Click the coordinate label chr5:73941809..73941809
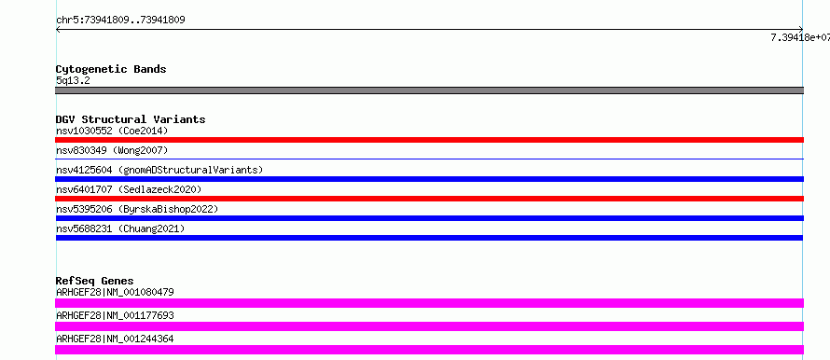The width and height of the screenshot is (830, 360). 120,21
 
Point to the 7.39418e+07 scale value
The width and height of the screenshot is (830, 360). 800,37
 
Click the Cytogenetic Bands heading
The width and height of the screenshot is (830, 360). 111,69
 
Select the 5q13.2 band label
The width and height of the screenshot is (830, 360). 73,80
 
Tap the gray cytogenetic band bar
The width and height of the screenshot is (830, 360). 429,90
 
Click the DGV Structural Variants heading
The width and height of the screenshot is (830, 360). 131,119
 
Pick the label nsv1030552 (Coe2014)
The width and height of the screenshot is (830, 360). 112,131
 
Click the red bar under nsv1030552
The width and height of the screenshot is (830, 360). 429,140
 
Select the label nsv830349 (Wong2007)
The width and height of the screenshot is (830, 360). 112,151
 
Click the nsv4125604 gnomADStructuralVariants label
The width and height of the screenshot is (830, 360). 159,170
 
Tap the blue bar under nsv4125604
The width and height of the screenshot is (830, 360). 429,179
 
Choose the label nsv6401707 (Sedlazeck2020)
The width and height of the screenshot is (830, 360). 129,189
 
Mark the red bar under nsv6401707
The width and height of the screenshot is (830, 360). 429,199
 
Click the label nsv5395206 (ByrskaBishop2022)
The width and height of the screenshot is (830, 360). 137,209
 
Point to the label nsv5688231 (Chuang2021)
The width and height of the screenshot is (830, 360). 120,228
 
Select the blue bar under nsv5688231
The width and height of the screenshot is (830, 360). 429,238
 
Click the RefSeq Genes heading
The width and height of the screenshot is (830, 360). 95,281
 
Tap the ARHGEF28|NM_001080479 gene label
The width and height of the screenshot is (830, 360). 115,292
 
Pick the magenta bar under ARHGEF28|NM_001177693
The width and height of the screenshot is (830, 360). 429,326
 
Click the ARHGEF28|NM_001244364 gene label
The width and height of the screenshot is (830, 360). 115,339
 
